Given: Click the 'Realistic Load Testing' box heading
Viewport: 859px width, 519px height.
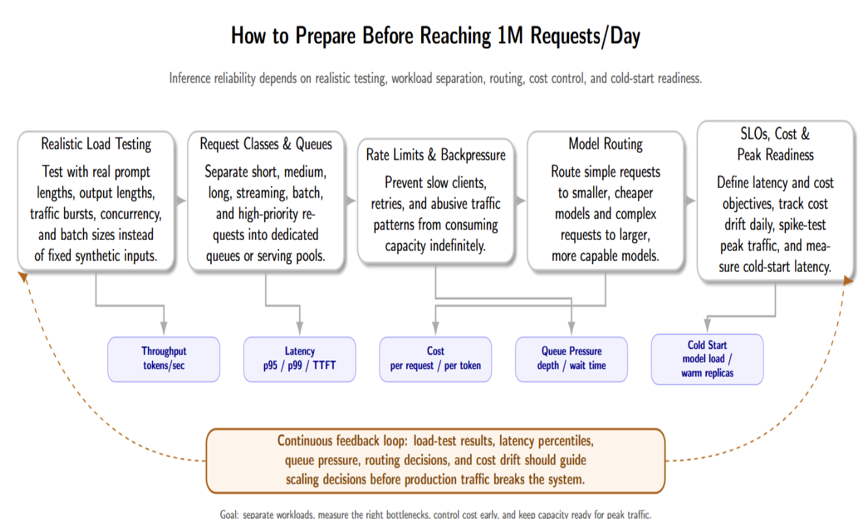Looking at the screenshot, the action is [x=96, y=144].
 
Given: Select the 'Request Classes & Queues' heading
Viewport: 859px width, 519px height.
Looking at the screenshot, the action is [x=266, y=144].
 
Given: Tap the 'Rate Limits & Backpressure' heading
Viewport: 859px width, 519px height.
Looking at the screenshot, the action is [x=435, y=155].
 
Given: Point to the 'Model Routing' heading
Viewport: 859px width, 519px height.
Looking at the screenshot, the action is [x=605, y=144].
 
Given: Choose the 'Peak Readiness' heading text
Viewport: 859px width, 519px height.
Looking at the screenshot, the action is [x=775, y=155].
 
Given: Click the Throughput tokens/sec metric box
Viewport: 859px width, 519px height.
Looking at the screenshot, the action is [x=164, y=359].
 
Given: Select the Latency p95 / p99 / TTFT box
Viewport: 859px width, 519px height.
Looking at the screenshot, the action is [x=300, y=359].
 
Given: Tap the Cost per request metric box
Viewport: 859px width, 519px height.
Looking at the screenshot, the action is [x=435, y=359].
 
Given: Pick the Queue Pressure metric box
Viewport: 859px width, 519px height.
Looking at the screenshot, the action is [x=572, y=359].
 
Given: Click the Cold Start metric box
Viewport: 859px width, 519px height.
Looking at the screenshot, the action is [x=707, y=359].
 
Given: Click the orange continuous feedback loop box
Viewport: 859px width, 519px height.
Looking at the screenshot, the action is [x=435, y=461].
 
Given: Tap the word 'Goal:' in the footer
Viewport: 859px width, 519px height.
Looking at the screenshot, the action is [x=229, y=514].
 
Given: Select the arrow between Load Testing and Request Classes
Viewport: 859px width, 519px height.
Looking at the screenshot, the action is [x=181, y=200].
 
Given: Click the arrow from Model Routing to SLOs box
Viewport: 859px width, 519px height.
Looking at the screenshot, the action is [x=690, y=200].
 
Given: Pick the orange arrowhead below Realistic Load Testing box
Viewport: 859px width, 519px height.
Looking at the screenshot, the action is [x=23, y=277].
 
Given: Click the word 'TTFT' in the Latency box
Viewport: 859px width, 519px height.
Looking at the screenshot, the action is [x=324, y=365].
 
